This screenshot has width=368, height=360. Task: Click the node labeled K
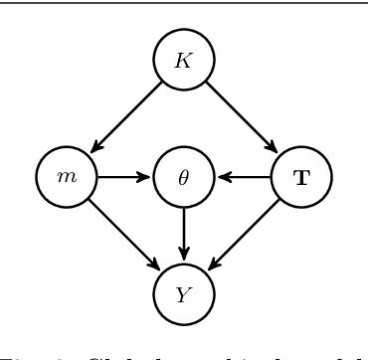pos(184,60)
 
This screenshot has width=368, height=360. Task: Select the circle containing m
pos(67,178)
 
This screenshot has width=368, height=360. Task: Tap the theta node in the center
pos(184,178)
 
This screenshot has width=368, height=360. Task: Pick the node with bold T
pos(301,178)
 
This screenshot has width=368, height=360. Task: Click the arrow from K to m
pos(125,117)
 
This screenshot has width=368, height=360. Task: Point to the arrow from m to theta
pos(124,178)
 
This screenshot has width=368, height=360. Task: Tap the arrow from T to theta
pos(244,178)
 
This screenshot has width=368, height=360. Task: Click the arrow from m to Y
pos(124,236)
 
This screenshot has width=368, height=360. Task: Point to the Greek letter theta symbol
pos(184,178)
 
